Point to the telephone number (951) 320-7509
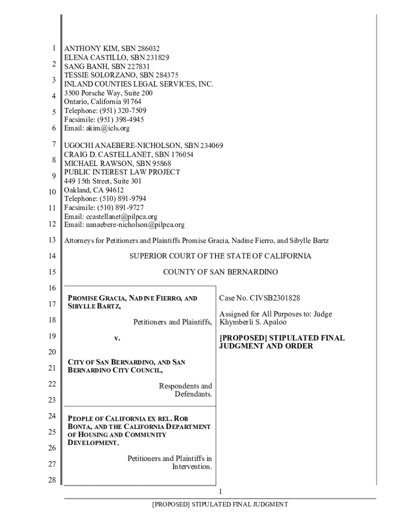click(122, 111)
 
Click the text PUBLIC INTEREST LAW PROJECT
click(122, 172)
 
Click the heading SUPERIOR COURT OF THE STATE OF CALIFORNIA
click(220, 256)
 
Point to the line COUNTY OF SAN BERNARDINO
click(220, 272)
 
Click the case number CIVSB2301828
click(275, 298)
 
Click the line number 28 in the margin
click(51, 480)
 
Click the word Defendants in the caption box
click(193, 394)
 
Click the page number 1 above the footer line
click(220, 491)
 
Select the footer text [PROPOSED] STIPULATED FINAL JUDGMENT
click(220, 504)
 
